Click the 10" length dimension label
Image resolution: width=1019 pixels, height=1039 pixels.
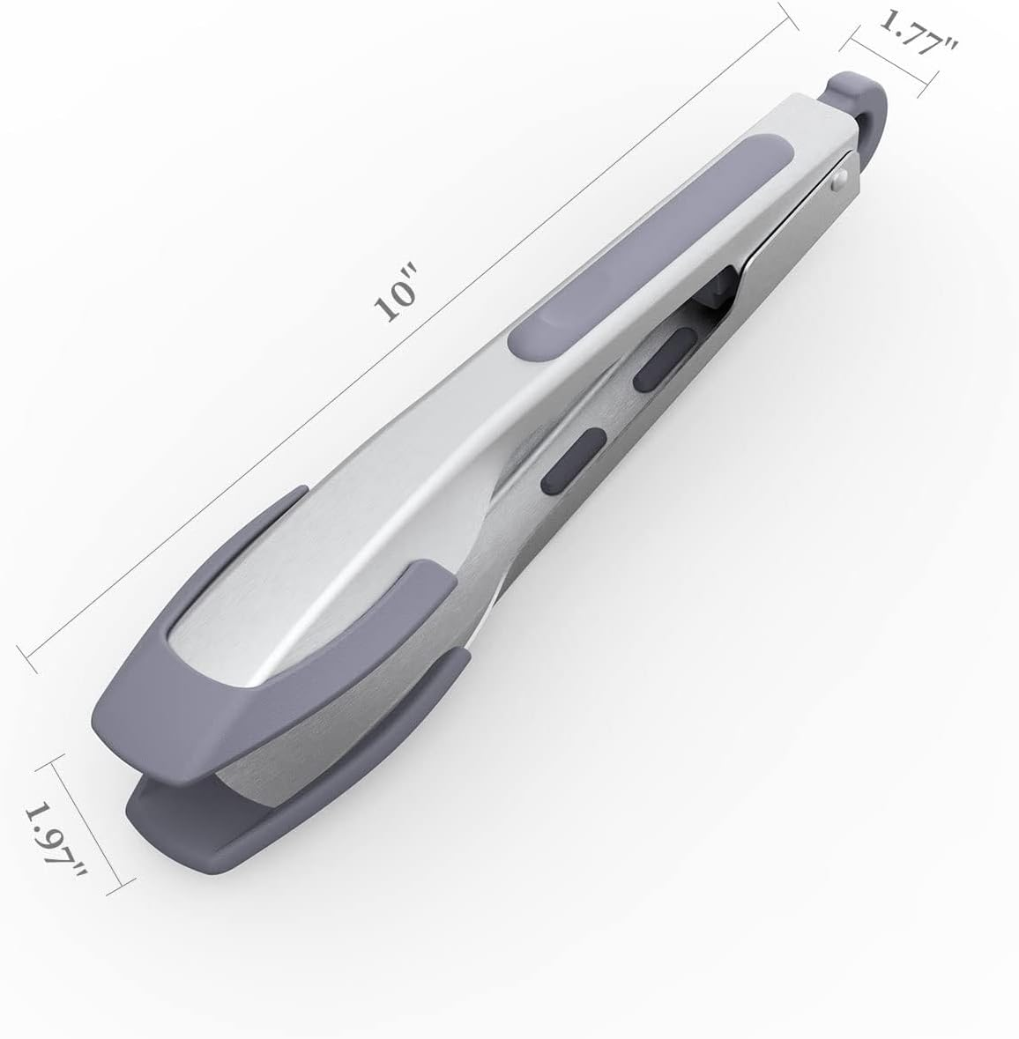(395, 299)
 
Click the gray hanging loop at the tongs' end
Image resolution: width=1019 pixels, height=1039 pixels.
(860, 106)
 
